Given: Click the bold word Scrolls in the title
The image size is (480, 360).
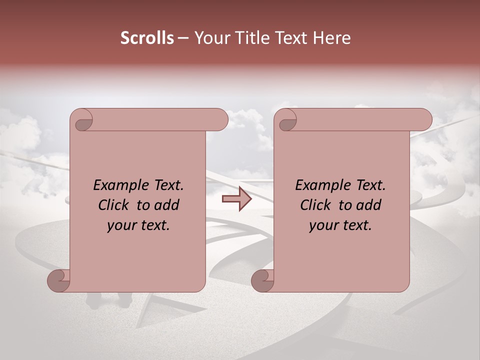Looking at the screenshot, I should [x=147, y=38].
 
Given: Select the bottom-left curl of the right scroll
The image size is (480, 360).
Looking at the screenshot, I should [x=263, y=280].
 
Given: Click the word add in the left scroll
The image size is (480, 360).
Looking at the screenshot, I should [x=168, y=205].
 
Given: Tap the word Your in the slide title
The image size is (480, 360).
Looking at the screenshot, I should [x=208, y=38].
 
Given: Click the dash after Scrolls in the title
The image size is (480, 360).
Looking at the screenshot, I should [x=183, y=38].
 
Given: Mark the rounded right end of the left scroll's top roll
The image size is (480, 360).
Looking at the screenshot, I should [x=220, y=120].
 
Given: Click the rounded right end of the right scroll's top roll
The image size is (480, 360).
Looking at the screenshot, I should [x=424, y=120].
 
